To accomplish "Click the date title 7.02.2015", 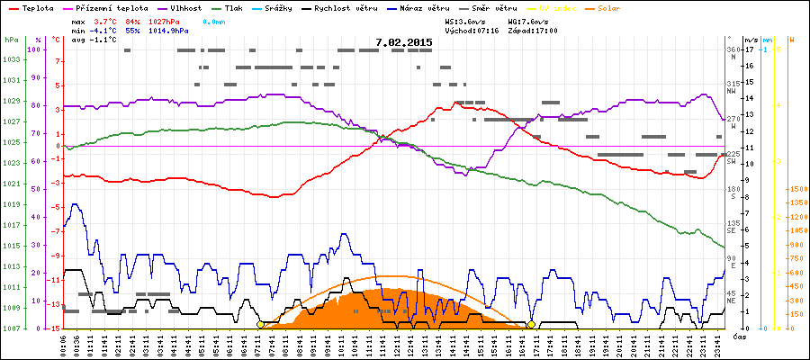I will pyautogui.click(x=404, y=41).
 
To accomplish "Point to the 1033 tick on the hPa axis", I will pyautogui.click(x=11, y=60).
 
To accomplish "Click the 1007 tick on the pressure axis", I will pyautogui.click(x=11, y=328).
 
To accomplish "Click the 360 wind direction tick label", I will pyautogui.click(x=733, y=50).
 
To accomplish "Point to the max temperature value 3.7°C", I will pyautogui.click(x=106, y=20).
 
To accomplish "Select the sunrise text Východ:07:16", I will pyautogui.click(x=471, y=30).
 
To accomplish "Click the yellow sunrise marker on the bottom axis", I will pyautogui.click(x=261, y=324).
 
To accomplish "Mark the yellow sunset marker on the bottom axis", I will pyautogui.click(x=532, y=324).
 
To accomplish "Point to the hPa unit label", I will pyautogui.click(x=11, y=40).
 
